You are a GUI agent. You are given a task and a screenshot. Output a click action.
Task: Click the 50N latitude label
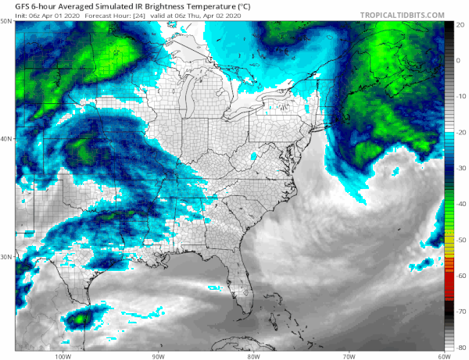7,23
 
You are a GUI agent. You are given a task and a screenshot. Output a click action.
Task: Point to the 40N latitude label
7,139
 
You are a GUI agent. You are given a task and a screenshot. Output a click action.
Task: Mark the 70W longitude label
348,355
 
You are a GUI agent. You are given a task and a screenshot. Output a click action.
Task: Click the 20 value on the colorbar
460,24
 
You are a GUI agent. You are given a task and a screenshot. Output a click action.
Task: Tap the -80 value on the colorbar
460,347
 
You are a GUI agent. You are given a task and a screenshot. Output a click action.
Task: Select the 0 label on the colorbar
460,60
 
